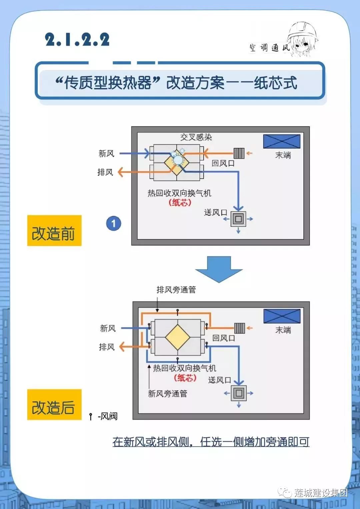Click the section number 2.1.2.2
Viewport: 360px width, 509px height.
[77, 40]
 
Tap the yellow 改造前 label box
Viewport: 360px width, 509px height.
[54, 230]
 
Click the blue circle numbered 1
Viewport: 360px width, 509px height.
[114, 223]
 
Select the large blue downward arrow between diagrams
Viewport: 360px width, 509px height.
[219, 269]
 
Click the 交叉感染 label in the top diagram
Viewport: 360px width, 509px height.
[196, 137]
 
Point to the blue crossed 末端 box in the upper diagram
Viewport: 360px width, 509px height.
[282, 141]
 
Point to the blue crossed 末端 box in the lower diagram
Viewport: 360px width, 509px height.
[282, 316]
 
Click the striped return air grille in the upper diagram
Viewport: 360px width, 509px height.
[239, 153]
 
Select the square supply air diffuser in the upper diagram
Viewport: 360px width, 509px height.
[238, 219]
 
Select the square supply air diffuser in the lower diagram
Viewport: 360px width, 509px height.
[239, 393]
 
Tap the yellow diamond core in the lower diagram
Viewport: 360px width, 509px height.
[177, 337]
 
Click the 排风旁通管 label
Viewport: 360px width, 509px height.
[176, 290]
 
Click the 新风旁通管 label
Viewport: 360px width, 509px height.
[167, 394]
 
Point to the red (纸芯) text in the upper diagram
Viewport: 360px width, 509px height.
[180, 202]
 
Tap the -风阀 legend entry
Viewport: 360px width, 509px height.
[104, 416]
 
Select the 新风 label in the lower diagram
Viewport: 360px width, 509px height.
[108, 328]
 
